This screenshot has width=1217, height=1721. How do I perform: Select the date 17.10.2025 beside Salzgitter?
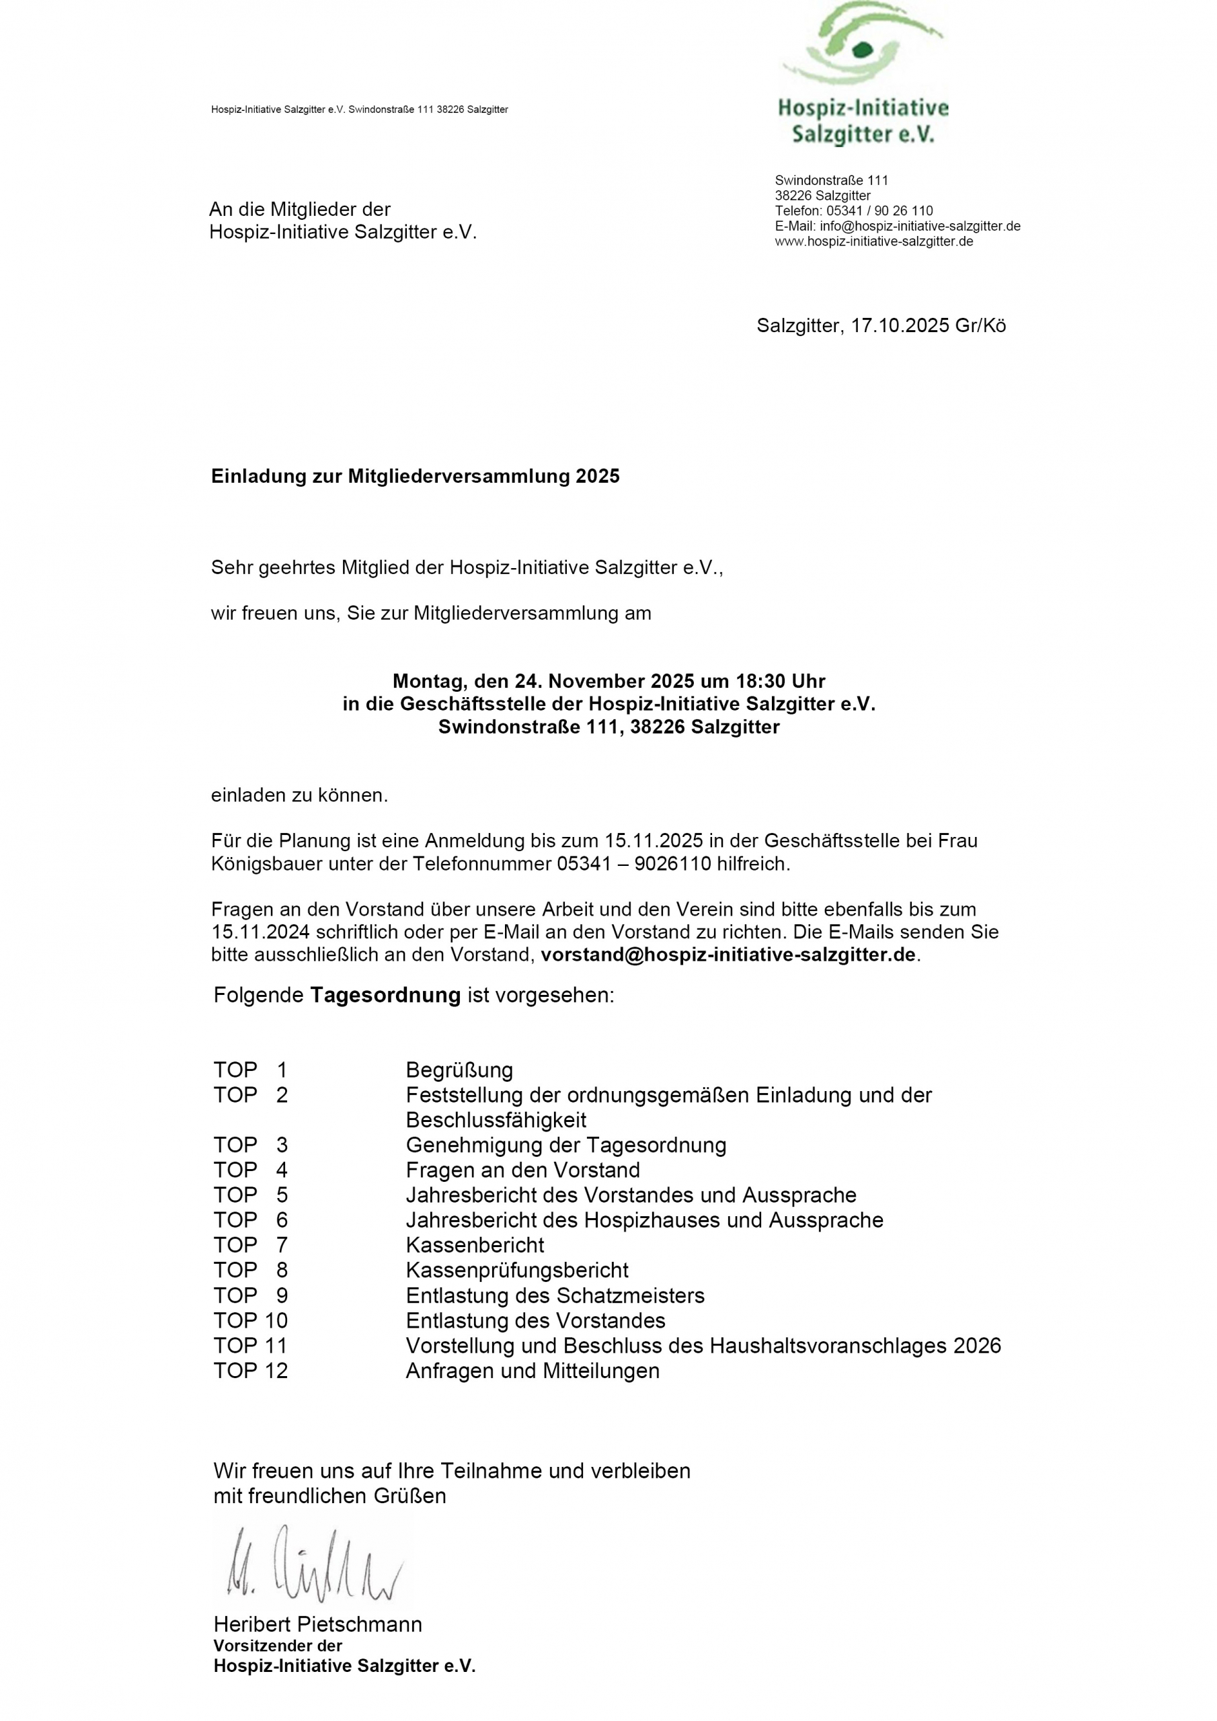tap(900, 326)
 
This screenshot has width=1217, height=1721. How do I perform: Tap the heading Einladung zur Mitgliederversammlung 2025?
tap(416, 477)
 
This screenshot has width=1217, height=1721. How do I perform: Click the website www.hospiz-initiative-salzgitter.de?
tap(873, 241)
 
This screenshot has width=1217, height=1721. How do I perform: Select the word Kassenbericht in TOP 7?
tap(475, 1245)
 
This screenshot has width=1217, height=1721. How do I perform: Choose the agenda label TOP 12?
tap(250, 1371)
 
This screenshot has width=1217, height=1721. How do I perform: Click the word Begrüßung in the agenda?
tap(459, 1070)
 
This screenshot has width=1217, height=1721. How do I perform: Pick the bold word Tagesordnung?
tap(385, 996)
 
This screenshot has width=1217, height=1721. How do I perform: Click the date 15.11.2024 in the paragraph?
tap(260, 932)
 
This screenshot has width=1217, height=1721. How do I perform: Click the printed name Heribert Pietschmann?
tap(318, 1624)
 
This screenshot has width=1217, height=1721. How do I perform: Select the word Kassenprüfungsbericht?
tap(516, 1271)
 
